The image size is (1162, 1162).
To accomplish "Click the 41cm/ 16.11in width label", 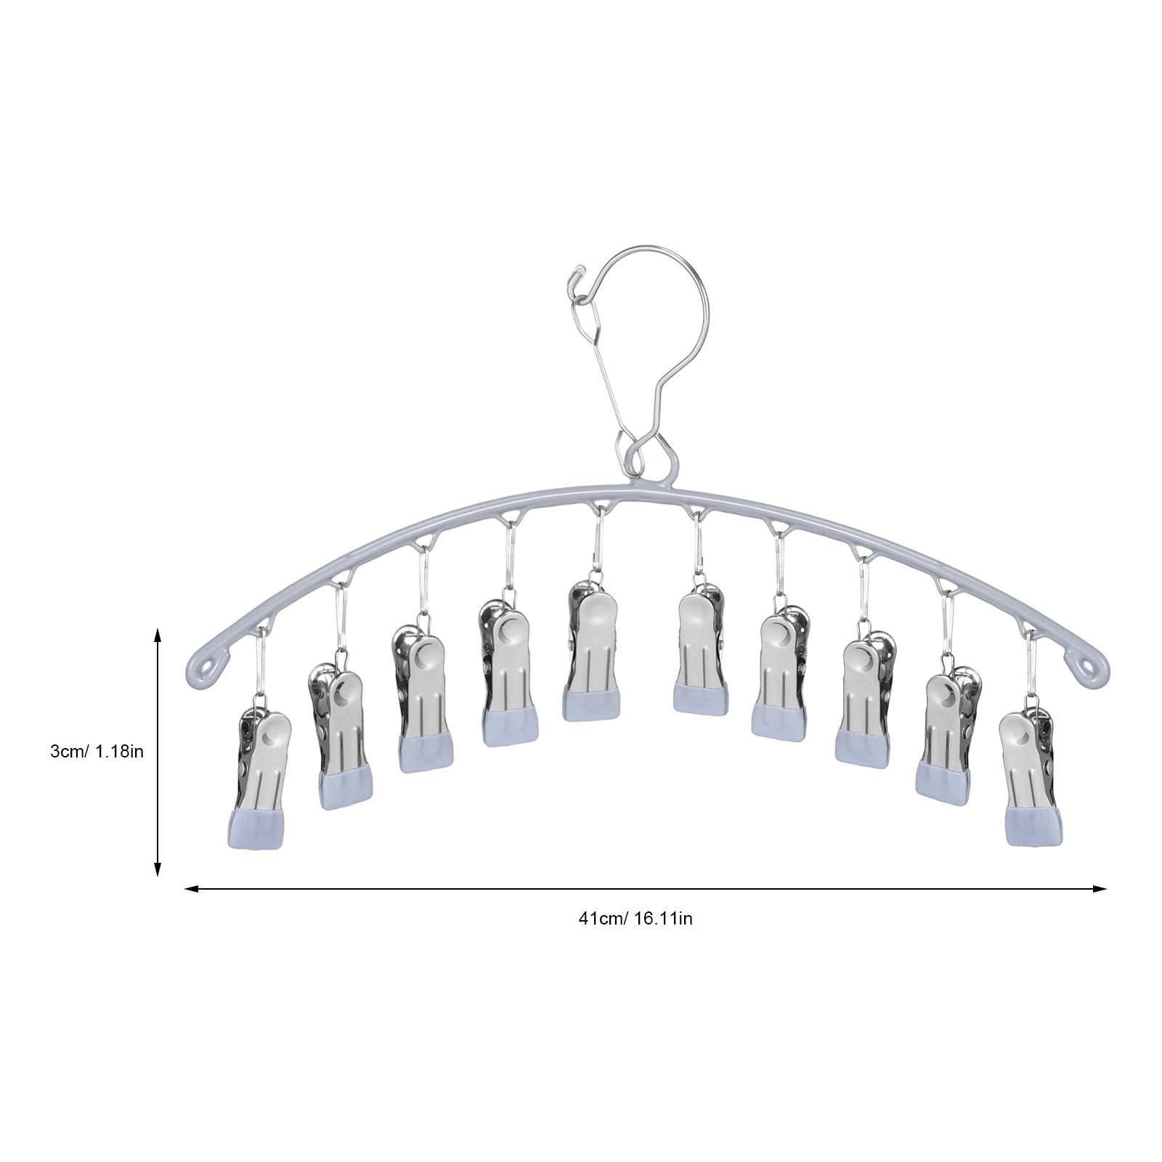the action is [635, 918].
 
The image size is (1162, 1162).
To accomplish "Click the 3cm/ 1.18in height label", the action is [97, 751].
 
